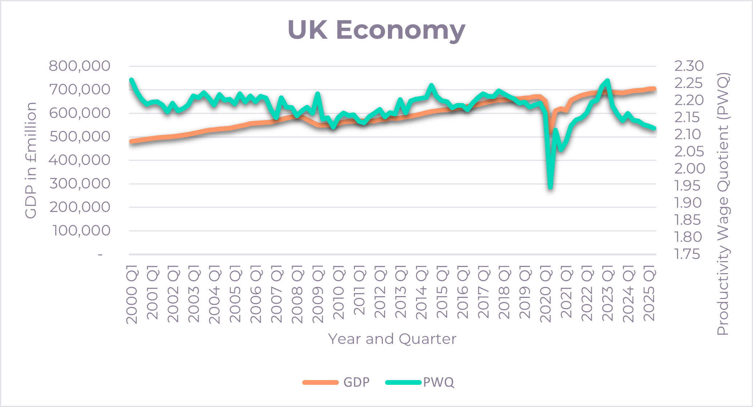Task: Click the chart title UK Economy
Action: click(376, 30)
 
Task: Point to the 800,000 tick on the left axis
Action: click(79, 66)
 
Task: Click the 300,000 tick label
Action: click(80, 184)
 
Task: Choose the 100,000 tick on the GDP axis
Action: click(81, 231)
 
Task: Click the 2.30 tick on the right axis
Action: click(689, 66)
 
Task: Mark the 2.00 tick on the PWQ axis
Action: click(690, 169)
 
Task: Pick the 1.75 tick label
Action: click(687, 254)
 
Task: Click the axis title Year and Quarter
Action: click(392, 339)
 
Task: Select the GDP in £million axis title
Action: click(31, 160)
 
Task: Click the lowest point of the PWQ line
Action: click(550, 187)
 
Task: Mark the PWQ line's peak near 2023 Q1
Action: click(607, 81)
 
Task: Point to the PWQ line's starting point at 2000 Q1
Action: click(131, 80)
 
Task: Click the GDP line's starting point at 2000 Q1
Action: click(131, 141)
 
